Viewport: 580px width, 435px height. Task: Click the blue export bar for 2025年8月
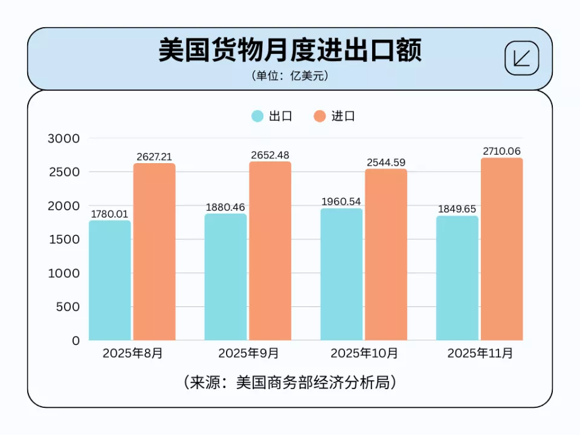(110, 281)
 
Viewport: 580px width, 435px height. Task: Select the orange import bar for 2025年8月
(155, 252)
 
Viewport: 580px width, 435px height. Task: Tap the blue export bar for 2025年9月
(225, 277)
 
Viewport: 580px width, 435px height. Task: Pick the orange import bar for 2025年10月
(386, 255)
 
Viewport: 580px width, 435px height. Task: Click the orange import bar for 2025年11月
(501, 249)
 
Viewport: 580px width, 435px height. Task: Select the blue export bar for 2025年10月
(341, 275)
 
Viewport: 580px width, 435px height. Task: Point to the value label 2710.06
(501, 151)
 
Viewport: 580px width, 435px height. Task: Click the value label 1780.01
(110, 214)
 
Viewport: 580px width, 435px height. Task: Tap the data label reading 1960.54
(341, 202)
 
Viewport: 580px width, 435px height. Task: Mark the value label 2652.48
(270, 155)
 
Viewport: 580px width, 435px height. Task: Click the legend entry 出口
(272, 116)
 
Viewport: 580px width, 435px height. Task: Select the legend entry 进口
(335, 116)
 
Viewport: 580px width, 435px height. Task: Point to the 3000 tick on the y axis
(63, 138)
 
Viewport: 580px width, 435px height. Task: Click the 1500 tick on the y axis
(63, 239)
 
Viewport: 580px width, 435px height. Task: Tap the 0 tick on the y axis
(75, 340)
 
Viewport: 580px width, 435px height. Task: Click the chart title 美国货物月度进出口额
(289, 51)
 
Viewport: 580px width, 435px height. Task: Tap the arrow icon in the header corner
(521, 58)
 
